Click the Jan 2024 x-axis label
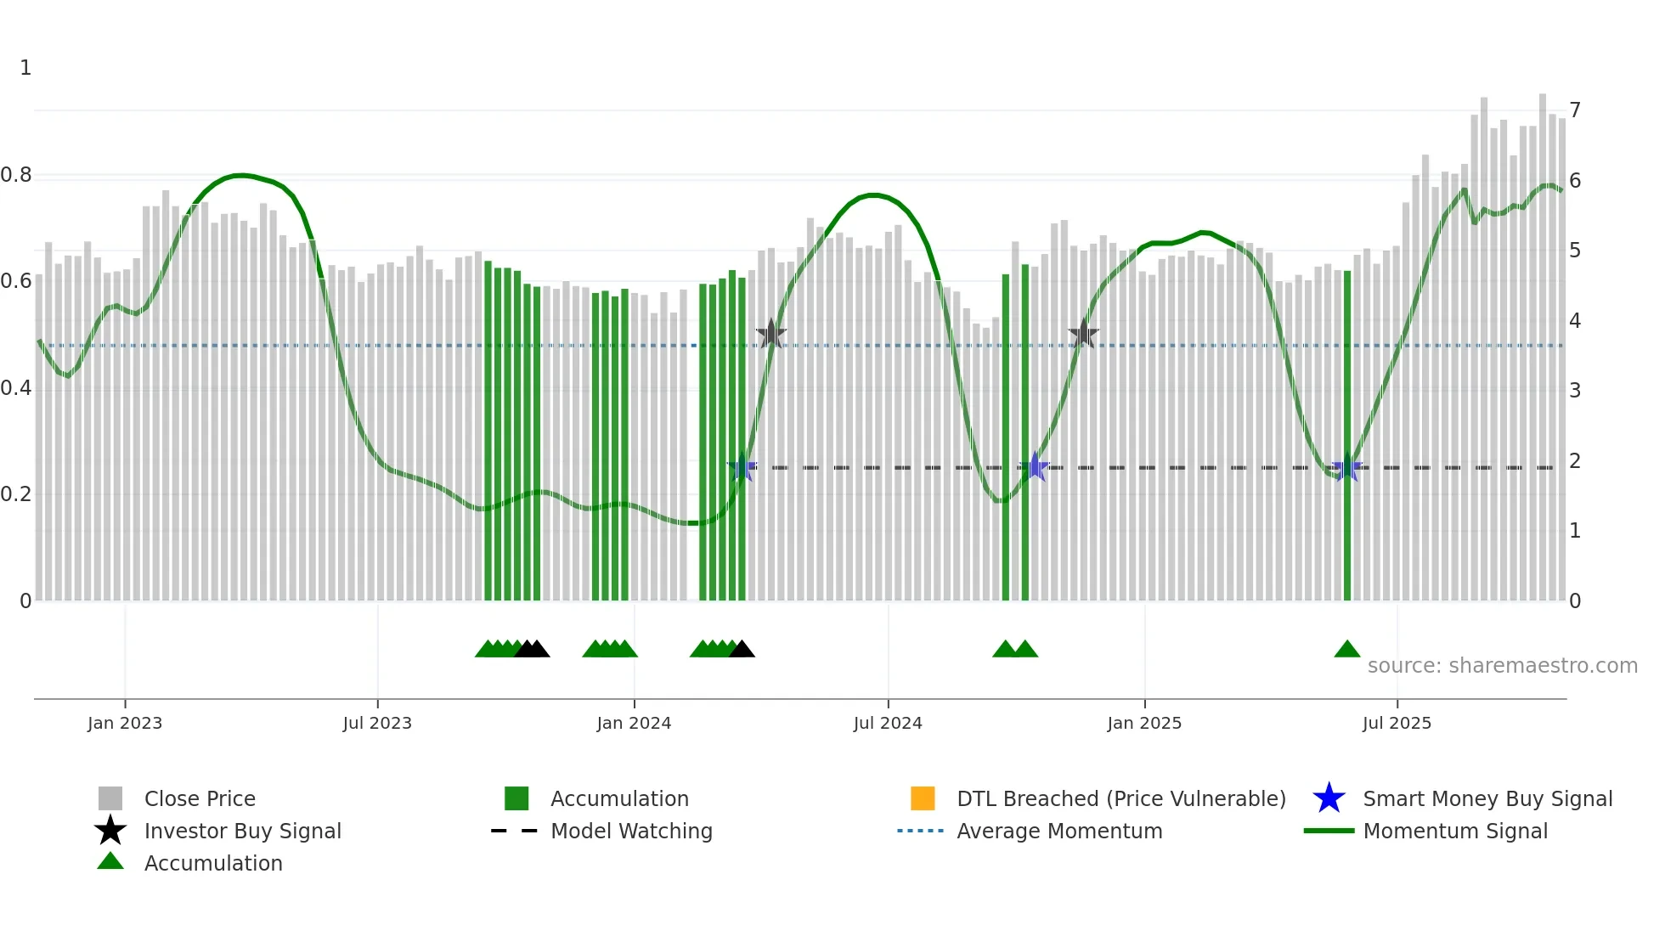(x=634, y=723)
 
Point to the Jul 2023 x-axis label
(x=377, y=723)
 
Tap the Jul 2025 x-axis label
(x=1397, y=723)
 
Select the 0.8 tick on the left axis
(x=16, y=175)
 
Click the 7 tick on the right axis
(x=1575, y=110)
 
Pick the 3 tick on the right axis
(x=1575, y=391)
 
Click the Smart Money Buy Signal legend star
(x=1329, y=798)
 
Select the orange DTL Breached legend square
(x=923, y=798)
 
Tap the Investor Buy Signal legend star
(x=110, y=831)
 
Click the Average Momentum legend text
(x=1059, y=831)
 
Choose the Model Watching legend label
(x=631, y=831)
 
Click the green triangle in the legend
(x=110, y=861)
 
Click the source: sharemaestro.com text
(x=1502, y=666)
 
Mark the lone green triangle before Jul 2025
(x=1347, y=650)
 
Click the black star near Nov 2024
(x=1083, y=334)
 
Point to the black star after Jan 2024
(x=770, y=334)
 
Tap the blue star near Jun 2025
(x=1347, y=468)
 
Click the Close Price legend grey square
(x=110, y=798)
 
